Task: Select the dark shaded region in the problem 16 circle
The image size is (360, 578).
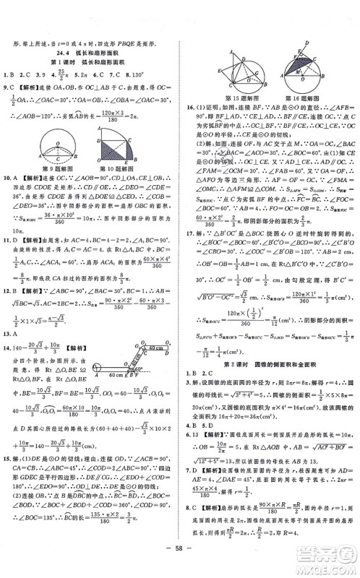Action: point(298,67)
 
